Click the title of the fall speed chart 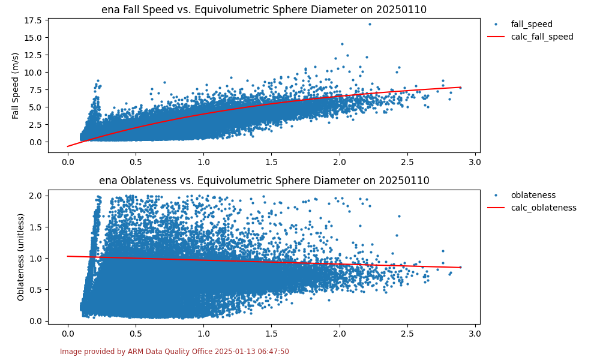(x=264, y=10)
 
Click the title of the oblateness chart (x=264, y=181)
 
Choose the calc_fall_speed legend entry (x=542, y=37)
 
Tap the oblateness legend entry (x=533, y=195)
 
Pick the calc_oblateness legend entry (x=544, y=208)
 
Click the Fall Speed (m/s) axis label (x=16, y=85)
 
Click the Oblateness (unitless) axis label (x=21, y=257)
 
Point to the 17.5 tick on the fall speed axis (x=34, y=20)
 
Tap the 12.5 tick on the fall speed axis (x=34, y=55)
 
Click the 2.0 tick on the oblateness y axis (x=36, y=196)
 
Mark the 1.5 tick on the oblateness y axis (x=36, y=227)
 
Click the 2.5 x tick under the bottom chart (x=407, y=332)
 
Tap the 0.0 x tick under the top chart (x=68, y=161)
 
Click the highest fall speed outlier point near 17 (x=370, y=24)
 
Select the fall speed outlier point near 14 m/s (x=342, y=44)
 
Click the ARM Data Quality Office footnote (x=174, y=352)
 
